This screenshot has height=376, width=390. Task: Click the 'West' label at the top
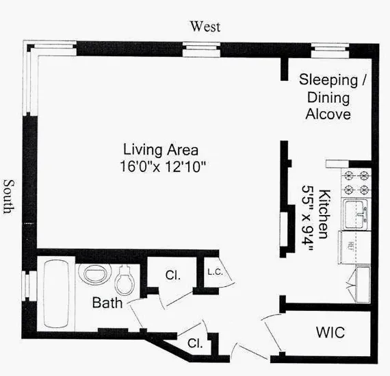pos(205,27)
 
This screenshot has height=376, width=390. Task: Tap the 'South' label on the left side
pos(9,197)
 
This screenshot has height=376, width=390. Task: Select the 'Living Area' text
pos(161,149)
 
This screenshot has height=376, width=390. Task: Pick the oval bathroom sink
pos(90,275)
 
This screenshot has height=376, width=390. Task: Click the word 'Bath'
pos(107,302)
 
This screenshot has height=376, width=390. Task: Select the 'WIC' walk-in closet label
pos(330,334)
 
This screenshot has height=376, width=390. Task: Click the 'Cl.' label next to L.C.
pos(172,275)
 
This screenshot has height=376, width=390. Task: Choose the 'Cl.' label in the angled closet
pos(195,343)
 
